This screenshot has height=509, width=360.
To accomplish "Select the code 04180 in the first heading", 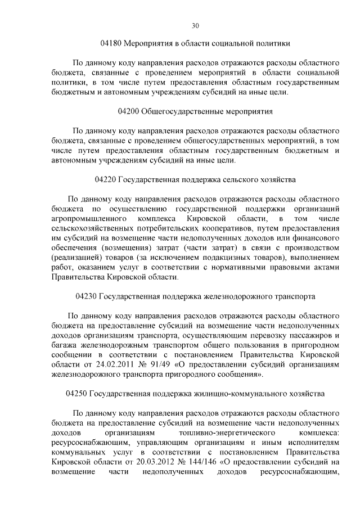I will [111, 43].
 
